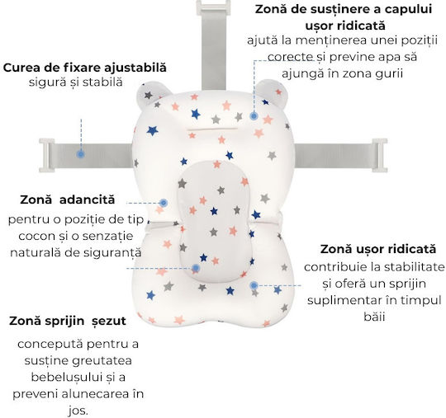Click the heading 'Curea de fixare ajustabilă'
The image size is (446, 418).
pos(85,68)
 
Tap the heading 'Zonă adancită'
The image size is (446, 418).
pos(68,200)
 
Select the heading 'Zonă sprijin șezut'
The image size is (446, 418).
pos(68,321)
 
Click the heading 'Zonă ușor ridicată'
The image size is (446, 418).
pos(378,249)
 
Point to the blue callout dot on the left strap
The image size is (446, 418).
pos(81,154)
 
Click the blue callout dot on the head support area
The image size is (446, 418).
pos(254,116)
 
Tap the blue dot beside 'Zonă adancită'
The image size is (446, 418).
pos(164,203)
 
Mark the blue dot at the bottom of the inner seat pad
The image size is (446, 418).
pos(196,268)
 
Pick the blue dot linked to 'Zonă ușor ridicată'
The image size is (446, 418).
pos(254,285)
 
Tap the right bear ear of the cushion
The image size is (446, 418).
pos(273,93)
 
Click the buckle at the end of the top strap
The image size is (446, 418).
pos(213,7)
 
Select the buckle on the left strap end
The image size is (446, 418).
pos(46,155)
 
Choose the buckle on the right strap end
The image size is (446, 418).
pos(380,155)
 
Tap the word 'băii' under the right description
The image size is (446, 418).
pos(374,317)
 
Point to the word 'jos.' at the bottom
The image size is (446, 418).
pos(78,411)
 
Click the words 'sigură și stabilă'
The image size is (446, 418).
pos(76,82)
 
